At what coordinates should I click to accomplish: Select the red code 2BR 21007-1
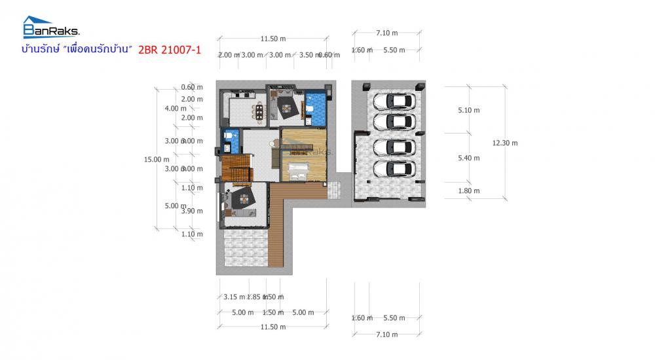[169, 50]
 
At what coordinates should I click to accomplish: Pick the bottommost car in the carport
[393, 169]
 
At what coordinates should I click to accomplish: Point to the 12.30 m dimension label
[505, 143]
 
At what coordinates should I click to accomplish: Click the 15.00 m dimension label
[157, 158]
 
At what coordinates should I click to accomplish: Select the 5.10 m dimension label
[468, 110]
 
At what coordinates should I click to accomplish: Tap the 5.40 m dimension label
[468, 158]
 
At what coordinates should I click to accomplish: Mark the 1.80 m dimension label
[468, 191]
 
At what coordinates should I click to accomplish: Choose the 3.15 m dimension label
[234, 297]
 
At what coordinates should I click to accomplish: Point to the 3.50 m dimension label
[307, 55]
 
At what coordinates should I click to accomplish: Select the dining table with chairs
[260, 111]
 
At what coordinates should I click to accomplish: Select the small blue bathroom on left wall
[231, 140]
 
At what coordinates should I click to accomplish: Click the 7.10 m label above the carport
[386, 31]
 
